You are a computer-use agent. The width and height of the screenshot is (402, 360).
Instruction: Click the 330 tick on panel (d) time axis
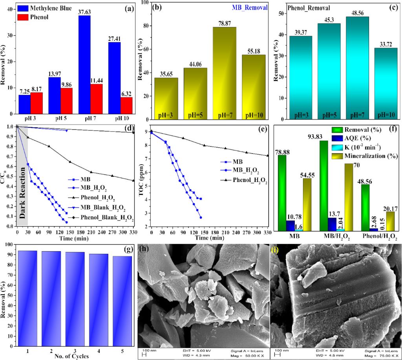pos(133,233)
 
